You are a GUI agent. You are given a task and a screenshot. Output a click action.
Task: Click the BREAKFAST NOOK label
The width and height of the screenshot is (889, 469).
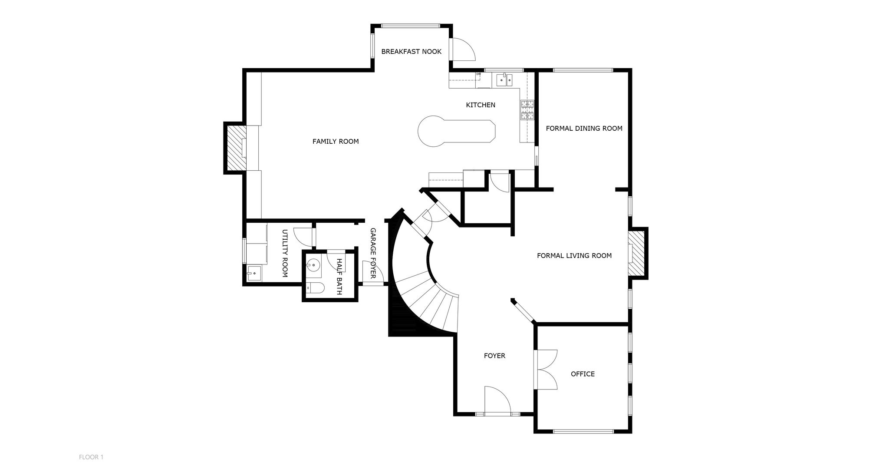pyautogui.click(x=411, y=52)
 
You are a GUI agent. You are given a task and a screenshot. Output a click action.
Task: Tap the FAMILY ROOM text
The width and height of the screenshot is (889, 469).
pyautogui.click(x=336, y=142)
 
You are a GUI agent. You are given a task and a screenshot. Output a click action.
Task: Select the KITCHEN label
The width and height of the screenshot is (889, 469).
pyautogui.click(x=481, y=105)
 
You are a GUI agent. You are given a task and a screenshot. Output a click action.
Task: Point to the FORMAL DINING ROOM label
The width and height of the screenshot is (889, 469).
pyautogui.click(x=584, y=129)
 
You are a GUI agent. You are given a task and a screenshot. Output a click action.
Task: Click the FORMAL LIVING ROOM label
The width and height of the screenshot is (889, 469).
pyautogui.click(x=574, y=256)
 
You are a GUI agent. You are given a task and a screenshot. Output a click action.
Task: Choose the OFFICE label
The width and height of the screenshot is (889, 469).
pyautogui.click(x=583, y=374)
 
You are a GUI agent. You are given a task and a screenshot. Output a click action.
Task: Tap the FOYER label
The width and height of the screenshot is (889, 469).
pyautogui.click(x=494, y=356)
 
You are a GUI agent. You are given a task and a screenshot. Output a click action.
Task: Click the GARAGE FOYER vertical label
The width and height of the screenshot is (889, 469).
pyautogui.click(x=372, y=253)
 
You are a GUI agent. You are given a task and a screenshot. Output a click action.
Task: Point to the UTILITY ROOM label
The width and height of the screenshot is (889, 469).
pyautogui.click(x=285, y=254)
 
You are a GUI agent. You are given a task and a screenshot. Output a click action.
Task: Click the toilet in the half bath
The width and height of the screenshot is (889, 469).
pyautogui.click(x=316, y=288)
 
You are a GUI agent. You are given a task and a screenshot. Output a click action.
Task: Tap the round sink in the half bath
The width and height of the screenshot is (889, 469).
pyautogui.click(x=313, y=264)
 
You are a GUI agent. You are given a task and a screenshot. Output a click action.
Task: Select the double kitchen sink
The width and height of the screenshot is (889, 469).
pyautogui.click(x=505, y=80)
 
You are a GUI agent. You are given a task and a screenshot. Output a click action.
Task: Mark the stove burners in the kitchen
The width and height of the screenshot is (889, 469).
pyautogui.click(x=527, y=110)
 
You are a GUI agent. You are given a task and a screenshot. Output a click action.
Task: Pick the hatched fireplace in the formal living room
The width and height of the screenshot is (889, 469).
pyautogui.click(x=637, y=254)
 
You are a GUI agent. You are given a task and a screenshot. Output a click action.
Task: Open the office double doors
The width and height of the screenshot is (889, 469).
pyautogui.click(x=547, y=369)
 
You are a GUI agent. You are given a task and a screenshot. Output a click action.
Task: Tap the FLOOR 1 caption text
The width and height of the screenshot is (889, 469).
pyautogui.click(x=91, y=457)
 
